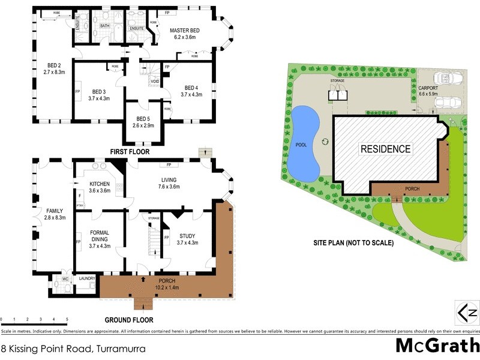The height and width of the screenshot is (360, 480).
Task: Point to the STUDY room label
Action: [187, 235]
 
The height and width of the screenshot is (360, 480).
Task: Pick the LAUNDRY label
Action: [87, 278]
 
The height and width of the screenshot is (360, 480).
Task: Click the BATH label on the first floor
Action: [104, 26]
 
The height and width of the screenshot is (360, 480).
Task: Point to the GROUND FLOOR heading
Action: [128, 320]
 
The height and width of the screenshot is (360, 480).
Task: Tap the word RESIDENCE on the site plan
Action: [385, 149]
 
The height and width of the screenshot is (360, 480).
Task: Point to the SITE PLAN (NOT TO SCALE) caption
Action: [352, 243]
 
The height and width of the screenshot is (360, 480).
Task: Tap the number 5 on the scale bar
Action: [67, 319]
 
